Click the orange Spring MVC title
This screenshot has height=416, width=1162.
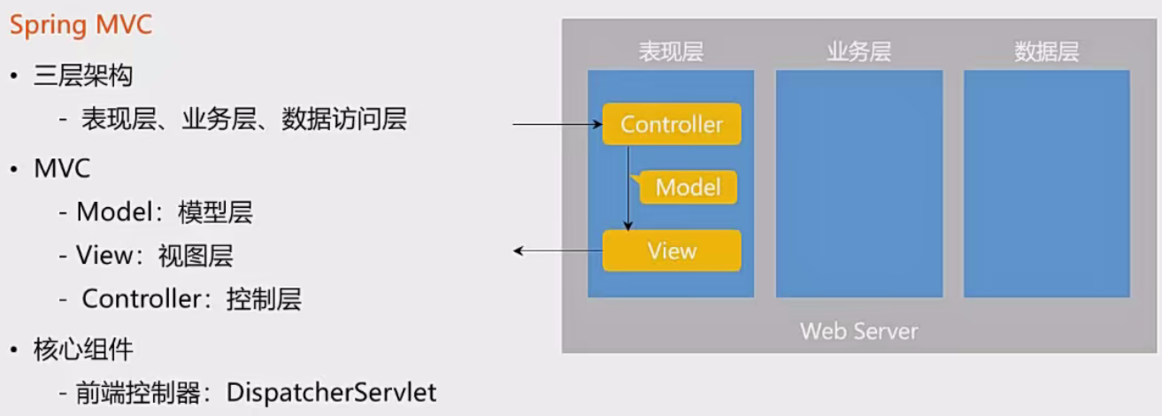[x=81, y=26]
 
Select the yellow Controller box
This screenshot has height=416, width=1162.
[x=672, y=124]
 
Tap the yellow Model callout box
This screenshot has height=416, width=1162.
[x=687, y=188]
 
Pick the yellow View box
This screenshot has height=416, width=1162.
[x=672, y=250]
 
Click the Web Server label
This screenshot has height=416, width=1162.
[x=859, y=331]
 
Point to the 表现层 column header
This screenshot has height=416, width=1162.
[x=671, y=52]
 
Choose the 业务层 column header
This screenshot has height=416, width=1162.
[x=859, y=52]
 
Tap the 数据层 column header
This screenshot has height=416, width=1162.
[x=1047, y=52]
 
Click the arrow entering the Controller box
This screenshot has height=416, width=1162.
[x=558, y=125]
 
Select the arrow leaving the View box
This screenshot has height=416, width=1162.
[x=558, y=251]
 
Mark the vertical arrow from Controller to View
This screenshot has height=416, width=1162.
[x=627, y=188]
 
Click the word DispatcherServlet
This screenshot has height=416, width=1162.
[x=331, y=393]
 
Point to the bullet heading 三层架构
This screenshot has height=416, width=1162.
[x=83, y=76]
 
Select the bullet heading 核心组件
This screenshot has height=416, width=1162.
[x=83, y=349]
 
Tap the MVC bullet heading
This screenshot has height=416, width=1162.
[x=62, y=168]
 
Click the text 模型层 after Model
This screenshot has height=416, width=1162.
[x=215, y=212]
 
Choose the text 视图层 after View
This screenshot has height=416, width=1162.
[x=196, y=256]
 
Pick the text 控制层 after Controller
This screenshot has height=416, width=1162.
[x=264, y=299]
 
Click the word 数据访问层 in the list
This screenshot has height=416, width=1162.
[x=344, y=119]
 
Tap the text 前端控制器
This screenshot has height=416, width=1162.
[x=138, y=393]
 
